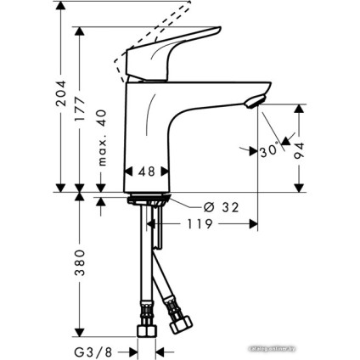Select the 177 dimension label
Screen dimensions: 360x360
click(x=81, y=110)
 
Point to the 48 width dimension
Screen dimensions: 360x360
click(x=146, y=171)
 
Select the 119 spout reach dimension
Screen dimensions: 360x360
click(x=198, y=226)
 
